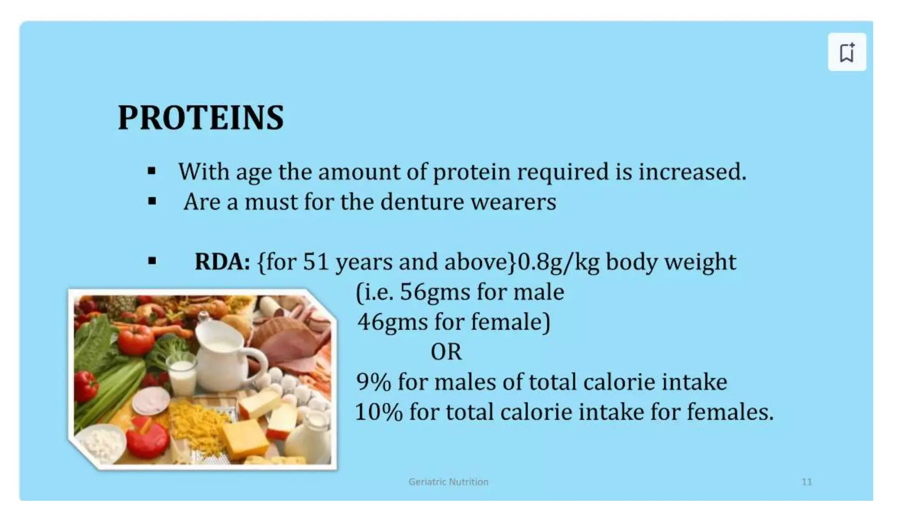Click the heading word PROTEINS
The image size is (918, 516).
tap(200, 118)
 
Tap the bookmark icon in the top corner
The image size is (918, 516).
tap(847, 52)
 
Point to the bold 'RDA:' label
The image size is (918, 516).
tap(222, 262)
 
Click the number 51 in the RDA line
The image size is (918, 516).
tap(316, 262)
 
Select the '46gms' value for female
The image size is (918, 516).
tap(392, 322)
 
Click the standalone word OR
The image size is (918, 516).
tap(446, 352)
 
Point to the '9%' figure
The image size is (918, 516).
tap(373, 382)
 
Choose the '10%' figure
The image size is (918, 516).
tap(378, 412)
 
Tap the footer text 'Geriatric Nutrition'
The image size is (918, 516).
tap(448, 482)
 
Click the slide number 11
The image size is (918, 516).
tap(806, 482)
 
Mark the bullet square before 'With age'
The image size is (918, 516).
tap(152, 171)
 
